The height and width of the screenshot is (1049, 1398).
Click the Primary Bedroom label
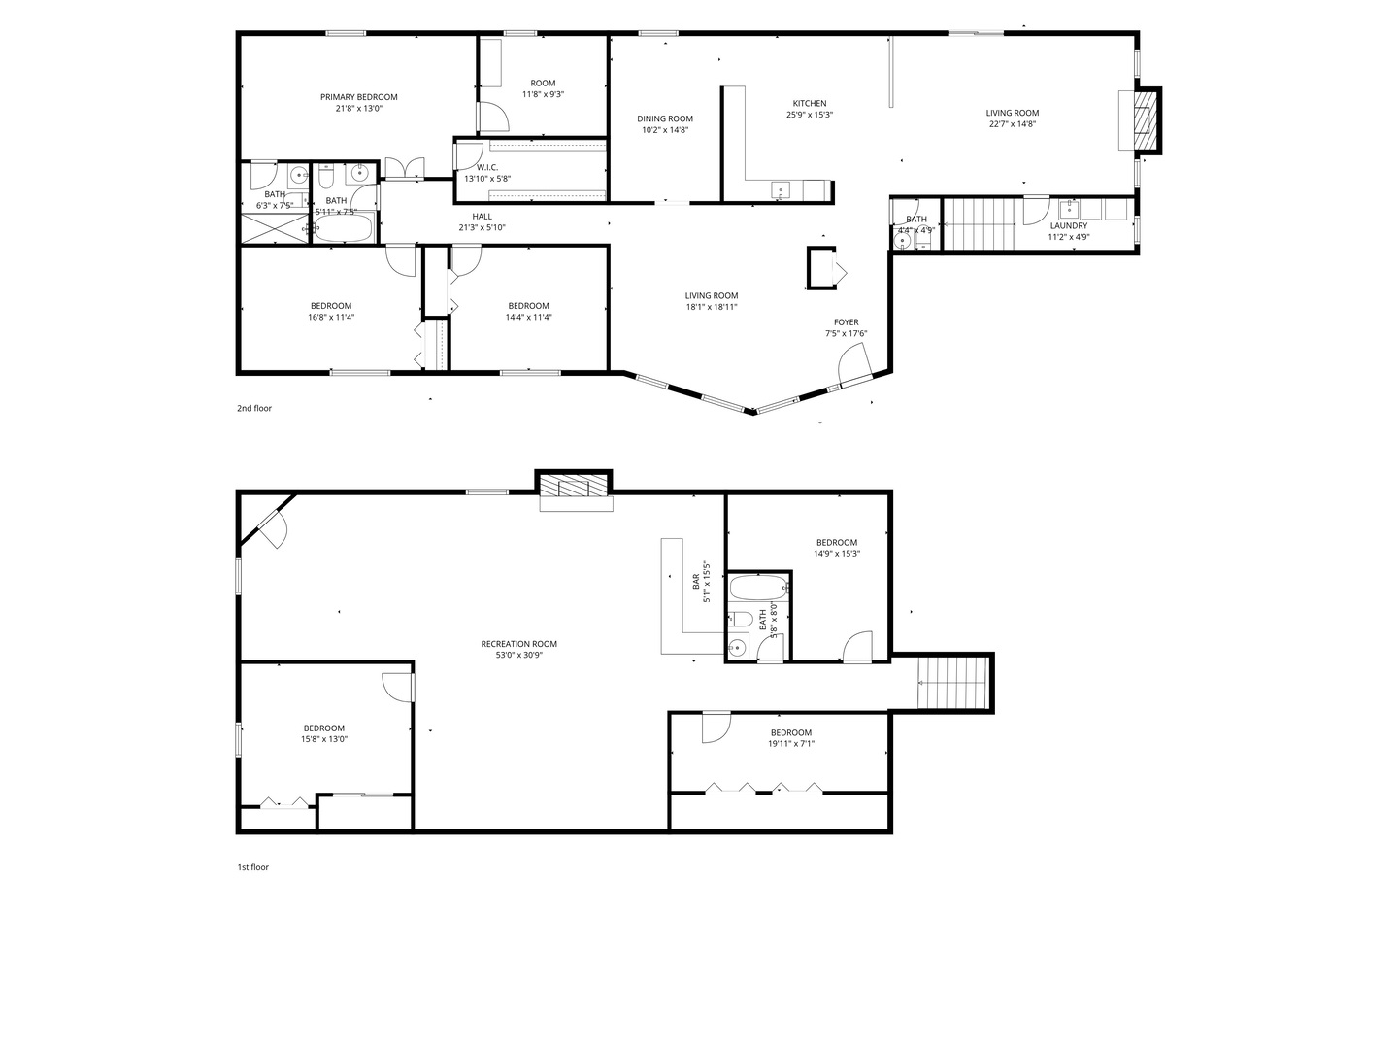click(x=358, y=97)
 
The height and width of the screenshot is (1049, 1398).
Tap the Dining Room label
click(x=665, y=118)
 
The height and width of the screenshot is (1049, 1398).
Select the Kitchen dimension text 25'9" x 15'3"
click(x=810, y=115)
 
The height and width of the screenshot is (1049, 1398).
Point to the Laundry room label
click(x=1068, y=226)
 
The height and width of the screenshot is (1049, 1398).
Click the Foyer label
click(x=846, y=322)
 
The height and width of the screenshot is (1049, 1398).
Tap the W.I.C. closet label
click(x=487, y=167)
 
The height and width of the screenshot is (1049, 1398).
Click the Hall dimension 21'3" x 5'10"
click(x=483, y=227)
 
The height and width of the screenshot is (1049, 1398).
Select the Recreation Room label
click(x=519, y=644)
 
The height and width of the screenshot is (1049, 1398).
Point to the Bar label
click(x=696, y=583)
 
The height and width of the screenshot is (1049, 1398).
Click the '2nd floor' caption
click(x=254, y=409)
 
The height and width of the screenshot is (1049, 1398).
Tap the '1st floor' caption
click(x=252, y=867)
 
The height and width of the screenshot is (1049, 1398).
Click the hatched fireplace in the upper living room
click(x=1148, y=120)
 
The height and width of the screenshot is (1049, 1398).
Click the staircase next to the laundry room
click(x=979, y=223)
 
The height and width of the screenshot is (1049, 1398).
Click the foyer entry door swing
click(x=855, y=367)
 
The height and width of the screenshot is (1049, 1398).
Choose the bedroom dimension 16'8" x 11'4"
click(x=331, y=317)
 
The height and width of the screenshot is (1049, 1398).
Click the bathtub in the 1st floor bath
click(x=758, y=589)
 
